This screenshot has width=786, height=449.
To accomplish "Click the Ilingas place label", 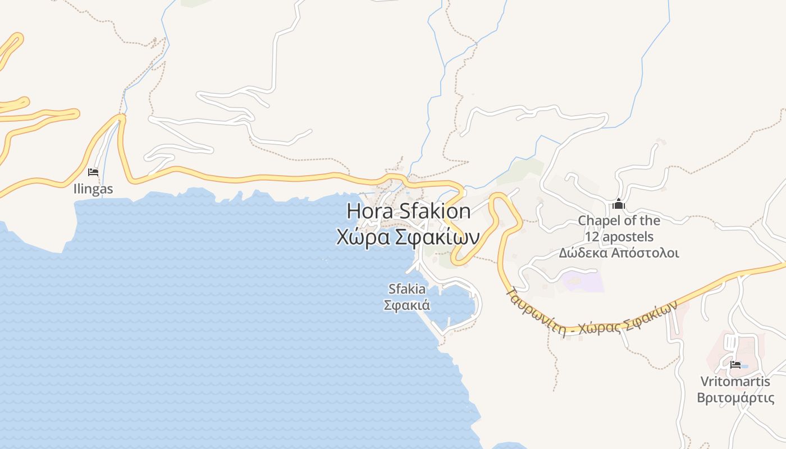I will click(x=93, y=189).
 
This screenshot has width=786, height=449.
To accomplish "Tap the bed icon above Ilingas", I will click(x=93, y=172).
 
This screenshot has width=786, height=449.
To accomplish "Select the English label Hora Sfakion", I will click(x=408, y=212).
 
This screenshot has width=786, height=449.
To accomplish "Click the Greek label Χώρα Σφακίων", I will click(x=408, y=237).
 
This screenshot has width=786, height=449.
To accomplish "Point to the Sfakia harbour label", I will click(x=406, y=289).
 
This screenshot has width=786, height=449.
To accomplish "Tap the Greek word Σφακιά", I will click(x=406, y=305).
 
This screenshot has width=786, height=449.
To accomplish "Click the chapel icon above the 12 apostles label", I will click(x=619, y=204).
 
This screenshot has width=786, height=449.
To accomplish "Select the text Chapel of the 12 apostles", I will click(x=619, y=228).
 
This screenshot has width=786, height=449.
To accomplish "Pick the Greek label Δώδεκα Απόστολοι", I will click(x=619, y=253).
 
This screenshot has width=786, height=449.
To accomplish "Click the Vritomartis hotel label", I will click(x=735, y=382).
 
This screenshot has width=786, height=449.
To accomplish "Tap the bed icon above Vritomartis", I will click(x=735, y=365).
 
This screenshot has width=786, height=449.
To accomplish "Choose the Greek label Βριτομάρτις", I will click(x=735, y=398).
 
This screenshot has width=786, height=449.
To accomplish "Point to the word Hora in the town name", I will click(x=371, y=212).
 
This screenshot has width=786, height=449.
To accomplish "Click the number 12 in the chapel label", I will click(x=593, y=237).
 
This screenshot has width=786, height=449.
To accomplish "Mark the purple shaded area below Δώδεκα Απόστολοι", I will click(x=583, y=281).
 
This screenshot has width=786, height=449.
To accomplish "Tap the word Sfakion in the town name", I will click(x=435, y=212).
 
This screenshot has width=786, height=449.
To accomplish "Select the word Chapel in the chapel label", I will click(x=598, y=221).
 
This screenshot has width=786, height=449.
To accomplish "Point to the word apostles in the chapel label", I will click(x=628, y=237).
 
